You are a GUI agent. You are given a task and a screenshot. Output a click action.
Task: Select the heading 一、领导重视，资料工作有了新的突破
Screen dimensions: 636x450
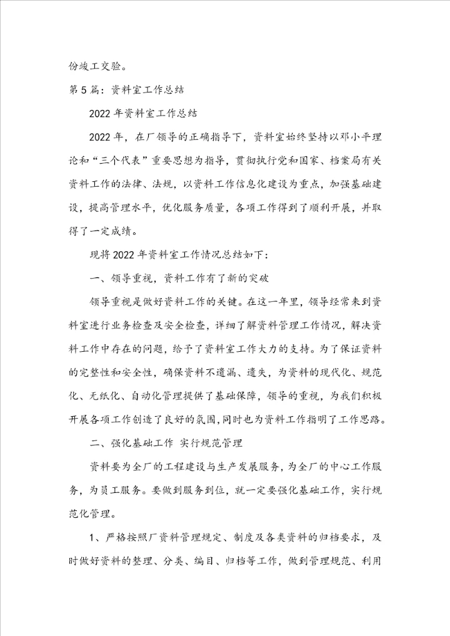[184, 282]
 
